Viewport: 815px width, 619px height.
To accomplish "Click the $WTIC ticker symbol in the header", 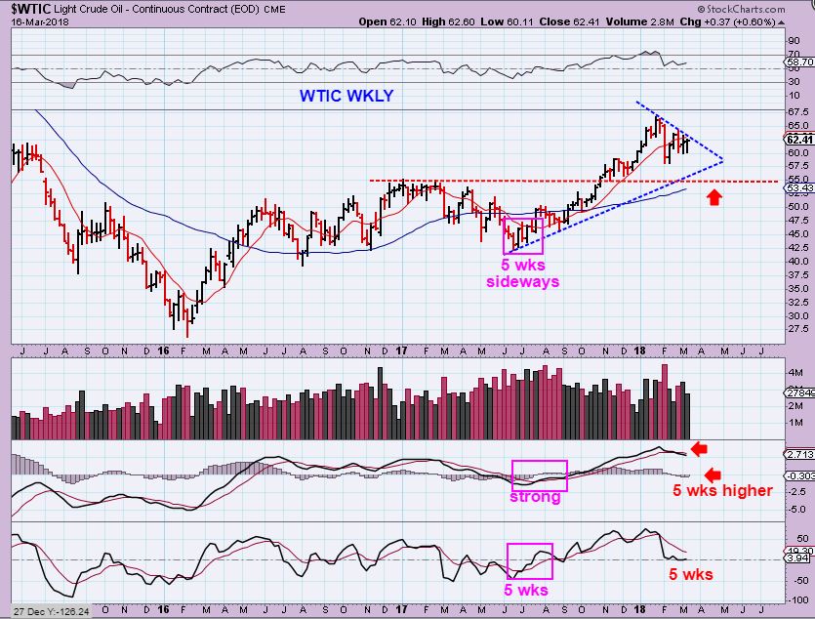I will coord(28,9).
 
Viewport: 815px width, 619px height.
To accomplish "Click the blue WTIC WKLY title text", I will coord(346,97).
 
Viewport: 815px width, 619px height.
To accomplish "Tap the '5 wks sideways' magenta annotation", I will coord(523,273).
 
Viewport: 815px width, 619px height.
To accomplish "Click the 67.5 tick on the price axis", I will coord(796,112).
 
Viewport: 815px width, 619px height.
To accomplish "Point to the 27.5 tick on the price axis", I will coord(796,329).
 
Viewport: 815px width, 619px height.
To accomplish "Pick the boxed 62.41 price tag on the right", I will coord(798,139).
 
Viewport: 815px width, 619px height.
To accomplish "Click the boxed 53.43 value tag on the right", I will coord(798,187).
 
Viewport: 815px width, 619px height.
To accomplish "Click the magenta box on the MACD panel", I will coord(539,475).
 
